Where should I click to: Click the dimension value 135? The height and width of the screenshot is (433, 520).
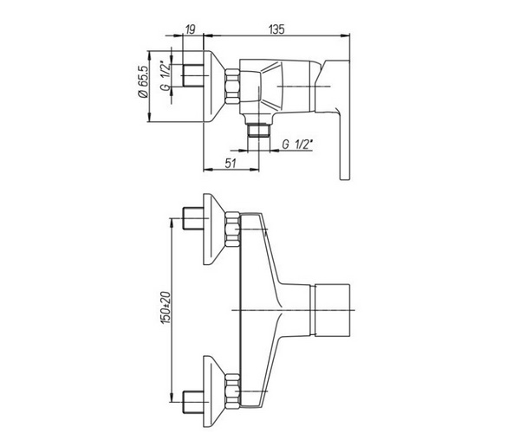pos(276,29)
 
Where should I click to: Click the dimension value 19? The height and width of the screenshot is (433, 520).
pos(190,29)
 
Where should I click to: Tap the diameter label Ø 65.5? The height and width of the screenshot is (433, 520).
pos(142,81)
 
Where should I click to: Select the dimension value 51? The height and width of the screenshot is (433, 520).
pos(231,163)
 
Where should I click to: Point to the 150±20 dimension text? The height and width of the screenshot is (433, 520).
pos(166,307)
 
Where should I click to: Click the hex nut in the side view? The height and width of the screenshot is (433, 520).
pos(232,86)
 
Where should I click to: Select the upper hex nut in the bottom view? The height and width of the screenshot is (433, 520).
pos(232,229)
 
